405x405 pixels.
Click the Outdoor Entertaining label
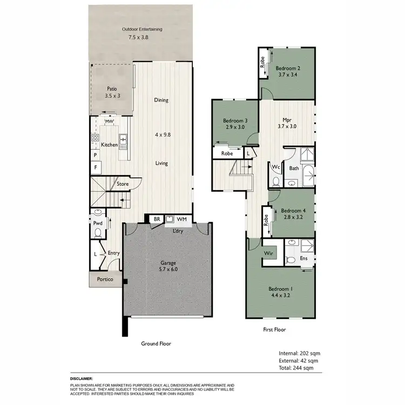pyautogui.click(x=142, y=29)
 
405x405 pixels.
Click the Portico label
pyautogui.click(x=105, y=279)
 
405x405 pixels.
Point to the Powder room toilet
pyautogui.click(x=98, y=233)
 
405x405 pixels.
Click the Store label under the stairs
pyautogui.click(x=124, y=184)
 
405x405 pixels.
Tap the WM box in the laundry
pyautogui.click(x=181, y=219)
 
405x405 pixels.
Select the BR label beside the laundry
pyautogui.click(x=157, y=219)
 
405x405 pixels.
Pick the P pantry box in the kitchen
pyautogui.click(x=95, y=155)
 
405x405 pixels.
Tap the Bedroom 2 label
pyautogui.click(x=288, y=69)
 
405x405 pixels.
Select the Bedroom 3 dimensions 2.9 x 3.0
pyautogui.click(x=235, y=127)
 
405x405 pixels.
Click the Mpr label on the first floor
pyautogui.click(x=287, y=120)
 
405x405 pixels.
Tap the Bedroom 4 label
pyautogui.click(x=293, y=211)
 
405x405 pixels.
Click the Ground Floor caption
pyautogui.click(x=156, y=343)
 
